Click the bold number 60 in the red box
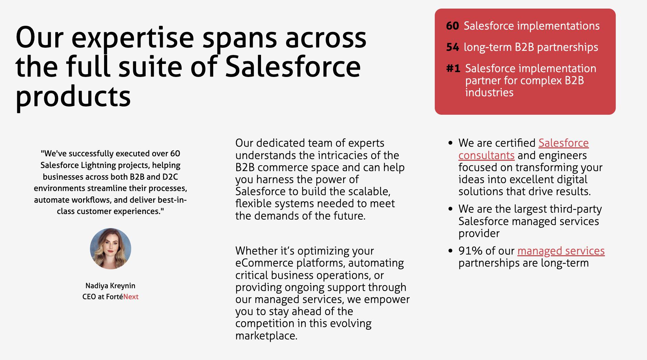[x=453, y=26]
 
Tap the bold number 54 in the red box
[x=453, y=47]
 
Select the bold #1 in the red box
[x=453, y=68]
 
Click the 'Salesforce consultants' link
[x=523, y=149]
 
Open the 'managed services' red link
[x=561, y=251]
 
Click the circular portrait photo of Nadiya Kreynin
[x=111, y=249]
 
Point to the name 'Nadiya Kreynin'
[x=110, y=286]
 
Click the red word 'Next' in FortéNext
[x=131, y=297]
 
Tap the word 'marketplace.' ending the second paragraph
[x=266, y=336]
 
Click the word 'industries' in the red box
[x=489, y=92]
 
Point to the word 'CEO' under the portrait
[x=89, y=297]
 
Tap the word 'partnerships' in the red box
[x=568, y=47]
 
